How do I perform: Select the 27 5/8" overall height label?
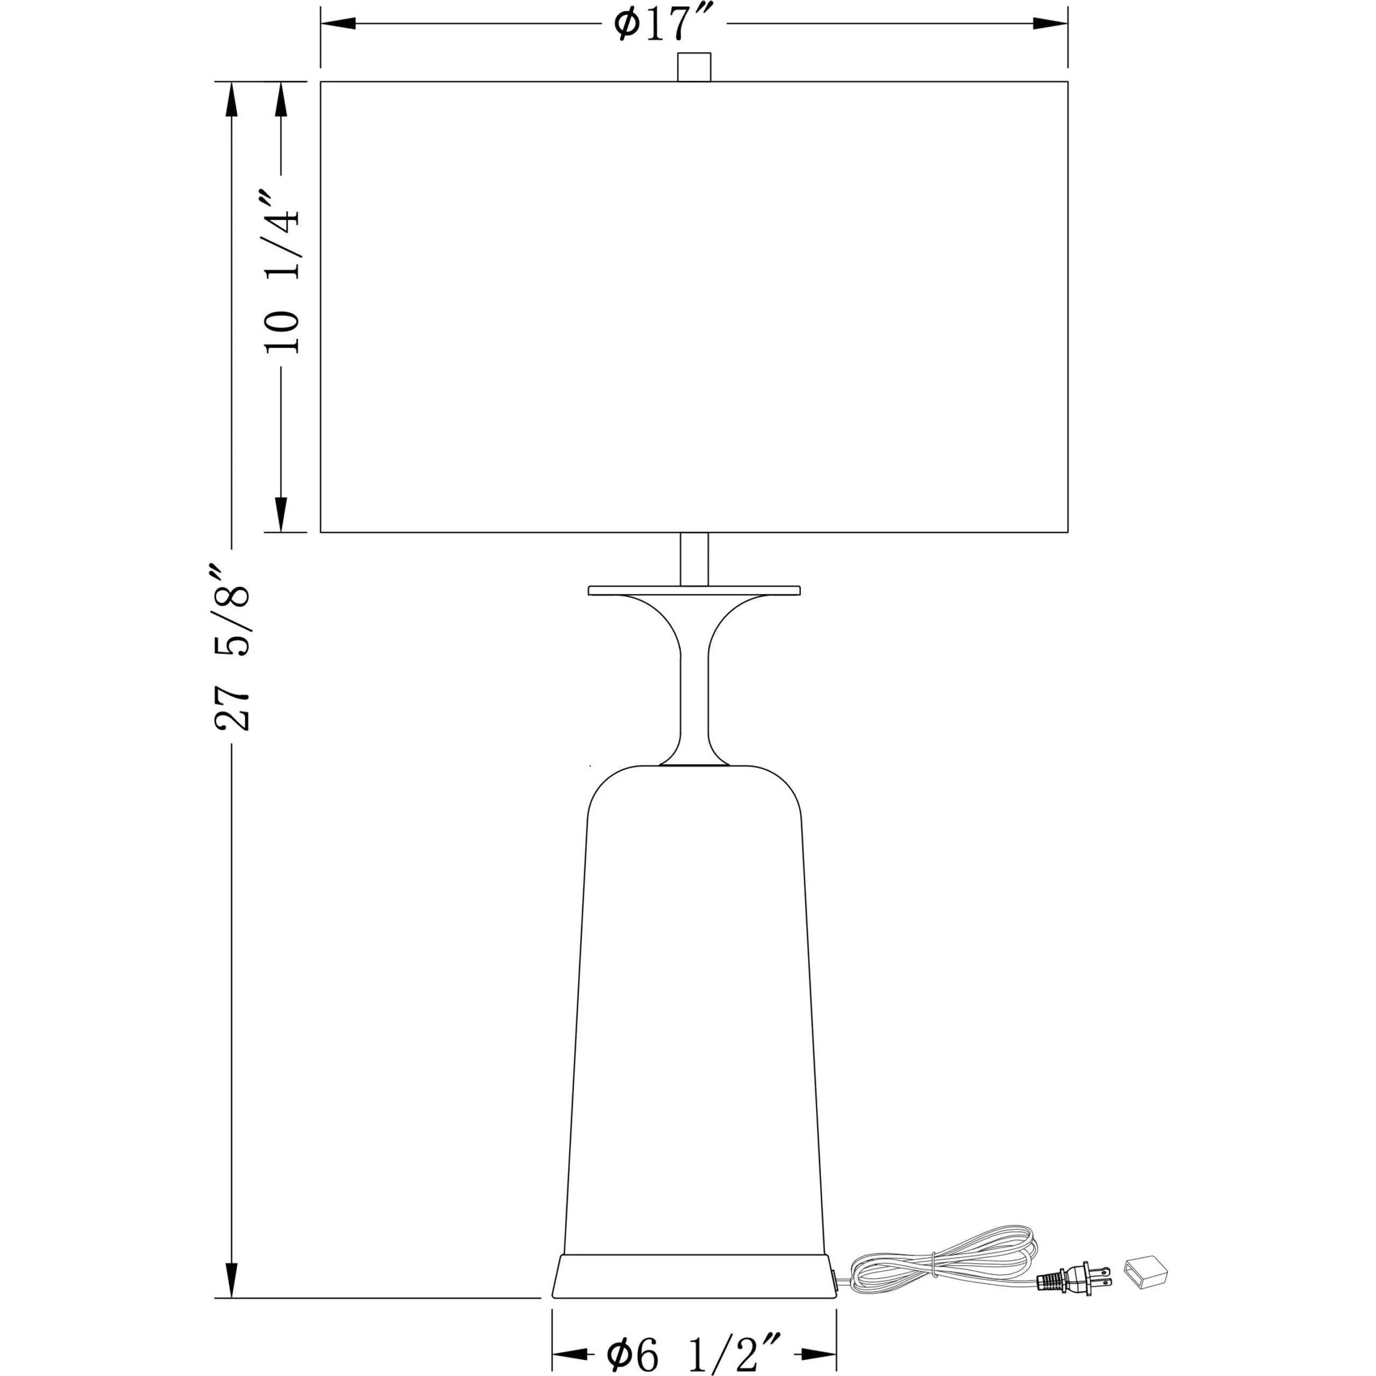[232, 648]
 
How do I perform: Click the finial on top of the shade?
[694, 67]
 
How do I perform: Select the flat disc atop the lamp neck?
[694, 590]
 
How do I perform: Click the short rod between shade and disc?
[694, 559]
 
